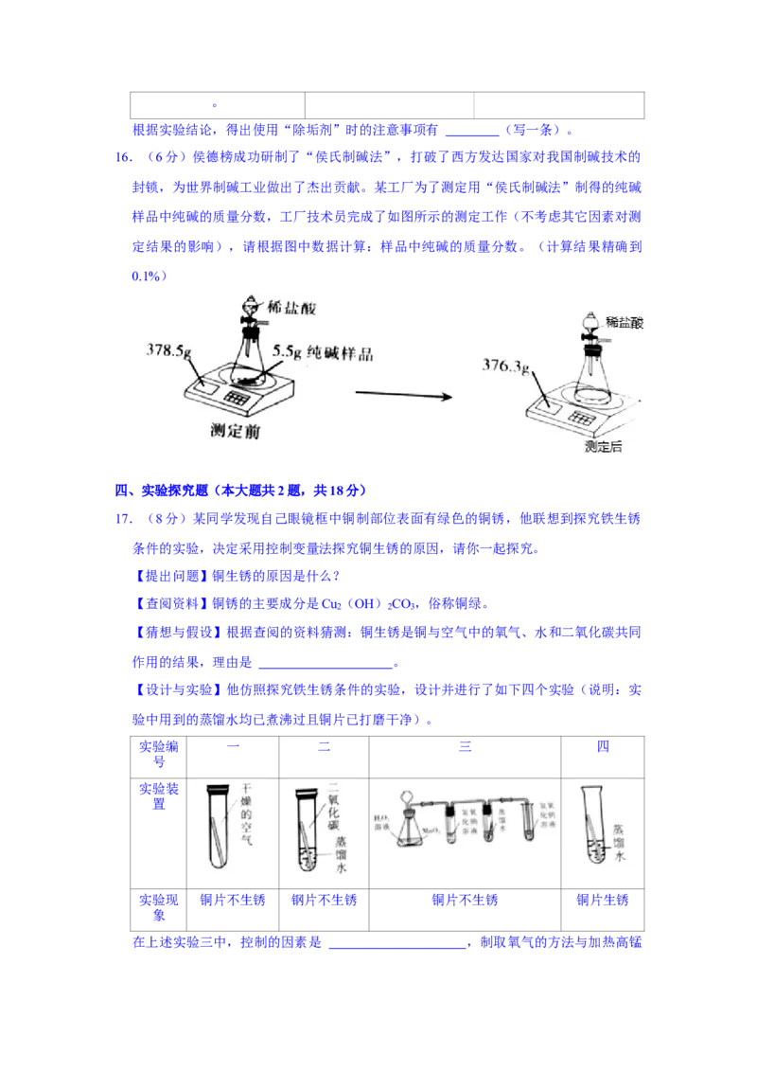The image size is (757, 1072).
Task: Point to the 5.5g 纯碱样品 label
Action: (x=323, y=352)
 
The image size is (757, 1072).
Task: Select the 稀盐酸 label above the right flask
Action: (x=625, y=323)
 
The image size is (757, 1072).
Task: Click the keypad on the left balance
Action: (x=238, y=399)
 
